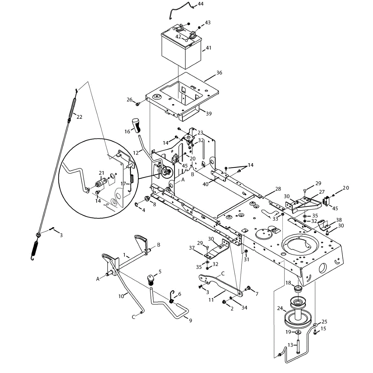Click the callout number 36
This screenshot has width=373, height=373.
click(219, 73)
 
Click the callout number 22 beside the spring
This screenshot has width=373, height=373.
click(80, 117)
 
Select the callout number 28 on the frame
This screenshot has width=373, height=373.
click(278, 189)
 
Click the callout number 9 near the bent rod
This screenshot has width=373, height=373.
click(191, 321)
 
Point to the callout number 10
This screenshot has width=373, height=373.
click(121, 296)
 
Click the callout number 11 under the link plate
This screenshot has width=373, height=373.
click(211, 300)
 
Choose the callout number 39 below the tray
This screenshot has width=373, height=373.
click(209, 114)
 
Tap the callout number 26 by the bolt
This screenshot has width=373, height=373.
click(129, 100)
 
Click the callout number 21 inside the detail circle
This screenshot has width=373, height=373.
click(101, 173)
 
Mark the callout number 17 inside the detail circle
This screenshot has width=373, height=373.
click(123, 184)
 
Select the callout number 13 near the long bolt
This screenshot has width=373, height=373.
click(290, 345)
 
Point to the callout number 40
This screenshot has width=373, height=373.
click(205, 184)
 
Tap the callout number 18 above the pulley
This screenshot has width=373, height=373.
click(288, 283)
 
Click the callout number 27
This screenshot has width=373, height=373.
click(321, 192)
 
